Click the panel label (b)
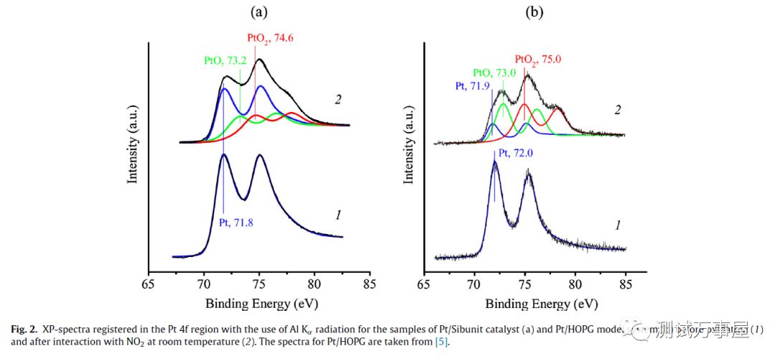[x=535, y=11]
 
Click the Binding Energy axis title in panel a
[x=258, y=302]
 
